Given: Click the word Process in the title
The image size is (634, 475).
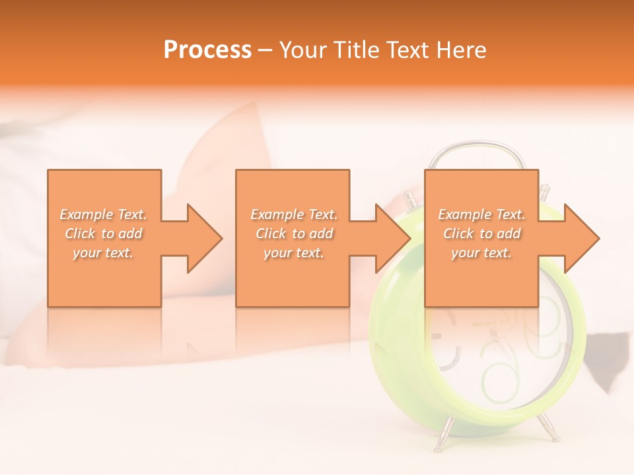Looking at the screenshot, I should (x=207, y=50).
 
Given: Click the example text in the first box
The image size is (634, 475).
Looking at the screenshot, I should (x=104, y=234).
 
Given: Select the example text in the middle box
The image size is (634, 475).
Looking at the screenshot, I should (x=294, y=234).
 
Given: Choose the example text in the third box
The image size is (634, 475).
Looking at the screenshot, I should (x=481, y=234).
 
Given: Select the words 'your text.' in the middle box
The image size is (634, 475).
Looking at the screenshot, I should (x=294, y=253).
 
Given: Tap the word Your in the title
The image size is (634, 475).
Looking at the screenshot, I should (x=303, y=50).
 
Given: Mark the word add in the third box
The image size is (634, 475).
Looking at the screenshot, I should (x=509, y=234).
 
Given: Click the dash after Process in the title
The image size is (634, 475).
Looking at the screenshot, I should (x=265, y=51).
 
